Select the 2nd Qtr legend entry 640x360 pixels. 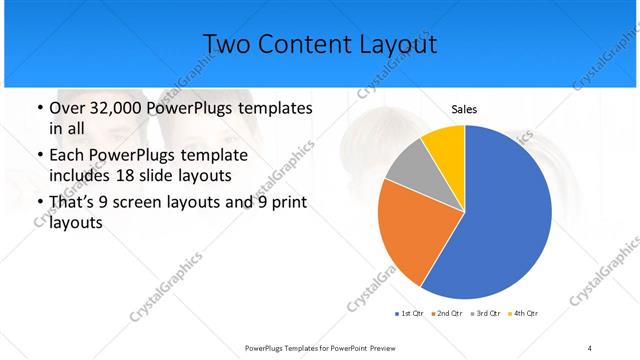pos(446,314)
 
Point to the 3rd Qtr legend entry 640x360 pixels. pos(485,314)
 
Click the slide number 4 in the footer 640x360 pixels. pos(590,347)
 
